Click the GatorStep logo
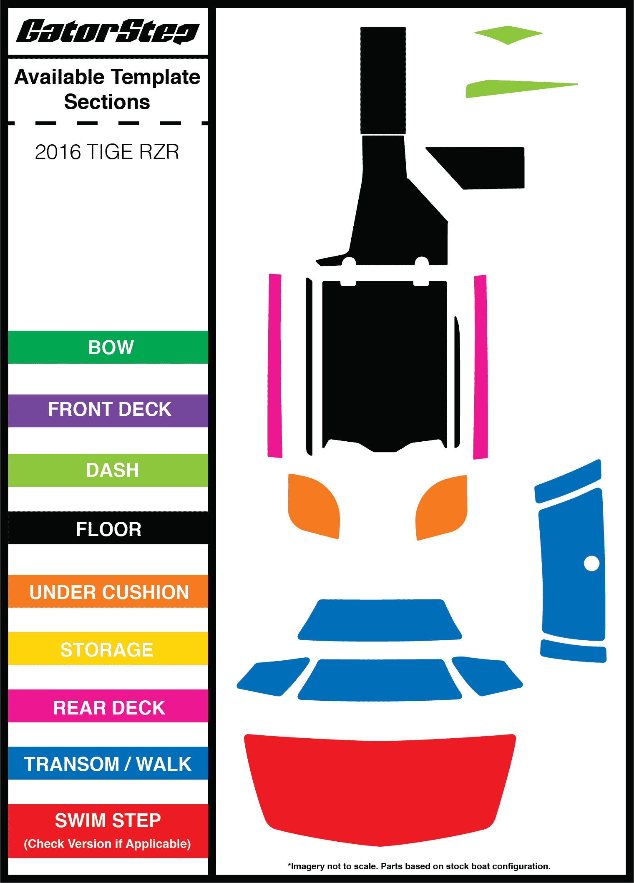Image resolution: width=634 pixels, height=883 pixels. [108, 31]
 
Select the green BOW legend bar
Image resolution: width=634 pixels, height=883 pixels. [108, 347]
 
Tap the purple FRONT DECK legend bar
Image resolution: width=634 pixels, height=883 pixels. [108, 410]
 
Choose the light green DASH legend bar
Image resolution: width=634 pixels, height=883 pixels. [108, 470]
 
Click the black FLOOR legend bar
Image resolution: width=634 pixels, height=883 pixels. [108, 528]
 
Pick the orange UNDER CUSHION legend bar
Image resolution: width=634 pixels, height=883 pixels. [108, 591]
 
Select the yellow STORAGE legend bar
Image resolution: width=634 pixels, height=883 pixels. [108, 649]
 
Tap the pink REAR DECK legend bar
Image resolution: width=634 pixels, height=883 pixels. [108, 707]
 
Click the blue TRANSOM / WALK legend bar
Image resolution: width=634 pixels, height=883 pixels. [108, 764]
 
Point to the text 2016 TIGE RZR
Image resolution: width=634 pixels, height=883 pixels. [107, 152]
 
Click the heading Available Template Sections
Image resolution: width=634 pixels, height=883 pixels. [107, 89]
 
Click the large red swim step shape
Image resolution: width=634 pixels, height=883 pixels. [380, 788]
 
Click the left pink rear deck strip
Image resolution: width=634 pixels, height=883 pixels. [275, 366]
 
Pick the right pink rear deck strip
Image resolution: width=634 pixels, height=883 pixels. [481, 367]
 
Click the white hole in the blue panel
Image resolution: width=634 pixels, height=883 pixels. [591, 563]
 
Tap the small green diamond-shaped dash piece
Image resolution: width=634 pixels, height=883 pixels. [508, 35]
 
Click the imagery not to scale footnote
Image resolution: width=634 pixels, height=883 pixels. [419, 866]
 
